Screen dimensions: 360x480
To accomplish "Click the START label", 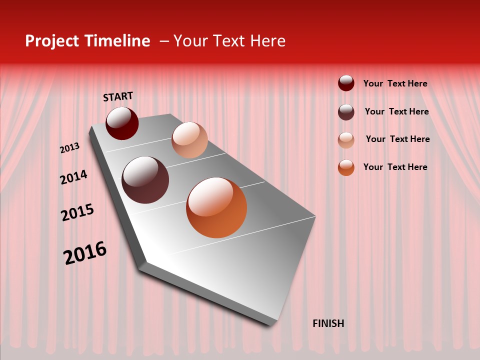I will (x=118, y=96).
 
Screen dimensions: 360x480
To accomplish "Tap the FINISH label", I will (x=328, y=323).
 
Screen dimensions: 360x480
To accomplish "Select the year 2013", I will (x=69, y=148).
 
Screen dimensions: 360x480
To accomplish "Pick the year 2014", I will (x=73, y=177).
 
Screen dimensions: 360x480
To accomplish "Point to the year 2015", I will (x=77, y=212).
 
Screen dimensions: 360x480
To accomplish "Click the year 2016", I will (x=85, y=253).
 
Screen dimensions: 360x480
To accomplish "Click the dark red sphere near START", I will (x=122, y=123).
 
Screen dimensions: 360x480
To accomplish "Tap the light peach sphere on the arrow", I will (x=189, y=140).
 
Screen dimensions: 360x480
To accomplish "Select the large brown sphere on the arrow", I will (x=145, y=180).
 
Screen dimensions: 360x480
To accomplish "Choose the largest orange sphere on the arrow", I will (x=216, y=207).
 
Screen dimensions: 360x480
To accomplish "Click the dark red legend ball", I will (x=346, y=83).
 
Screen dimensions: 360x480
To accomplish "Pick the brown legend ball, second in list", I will (x=346, y=112).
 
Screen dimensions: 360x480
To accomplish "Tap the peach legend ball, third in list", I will (x=346, y=140).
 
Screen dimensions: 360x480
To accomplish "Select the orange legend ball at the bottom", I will (x=346, y=167).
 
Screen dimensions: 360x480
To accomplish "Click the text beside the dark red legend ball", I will (x=395, y=83).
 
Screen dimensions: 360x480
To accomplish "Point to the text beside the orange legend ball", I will (x=395, y=167).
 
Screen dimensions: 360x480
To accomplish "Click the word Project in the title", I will (x=51, y=41).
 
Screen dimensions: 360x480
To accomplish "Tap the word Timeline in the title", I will (x=117, y=41).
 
